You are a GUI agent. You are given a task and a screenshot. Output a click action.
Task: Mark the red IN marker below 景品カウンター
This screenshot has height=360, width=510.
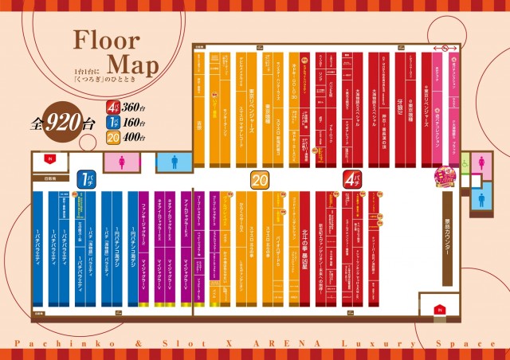(437, 308)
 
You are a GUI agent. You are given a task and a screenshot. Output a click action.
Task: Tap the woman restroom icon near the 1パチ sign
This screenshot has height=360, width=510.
(122, 162)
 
